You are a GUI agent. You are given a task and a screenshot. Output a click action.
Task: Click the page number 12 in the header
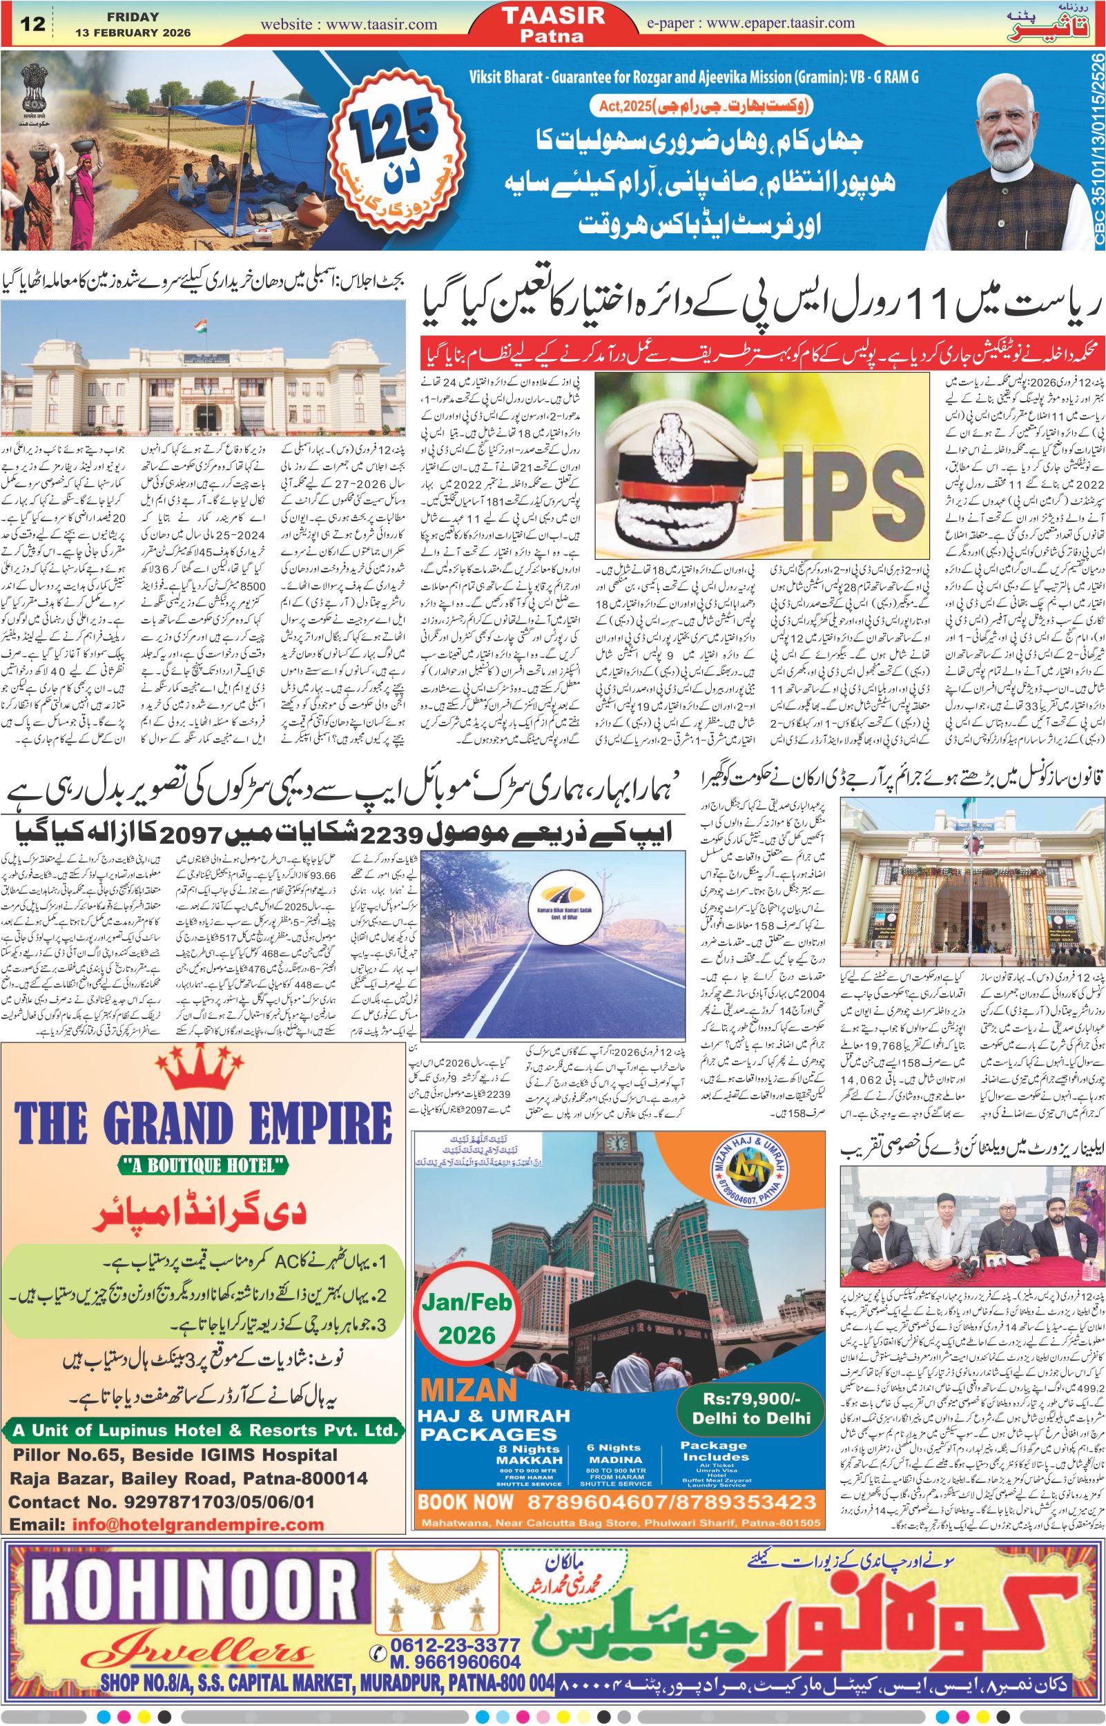point(34,23)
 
